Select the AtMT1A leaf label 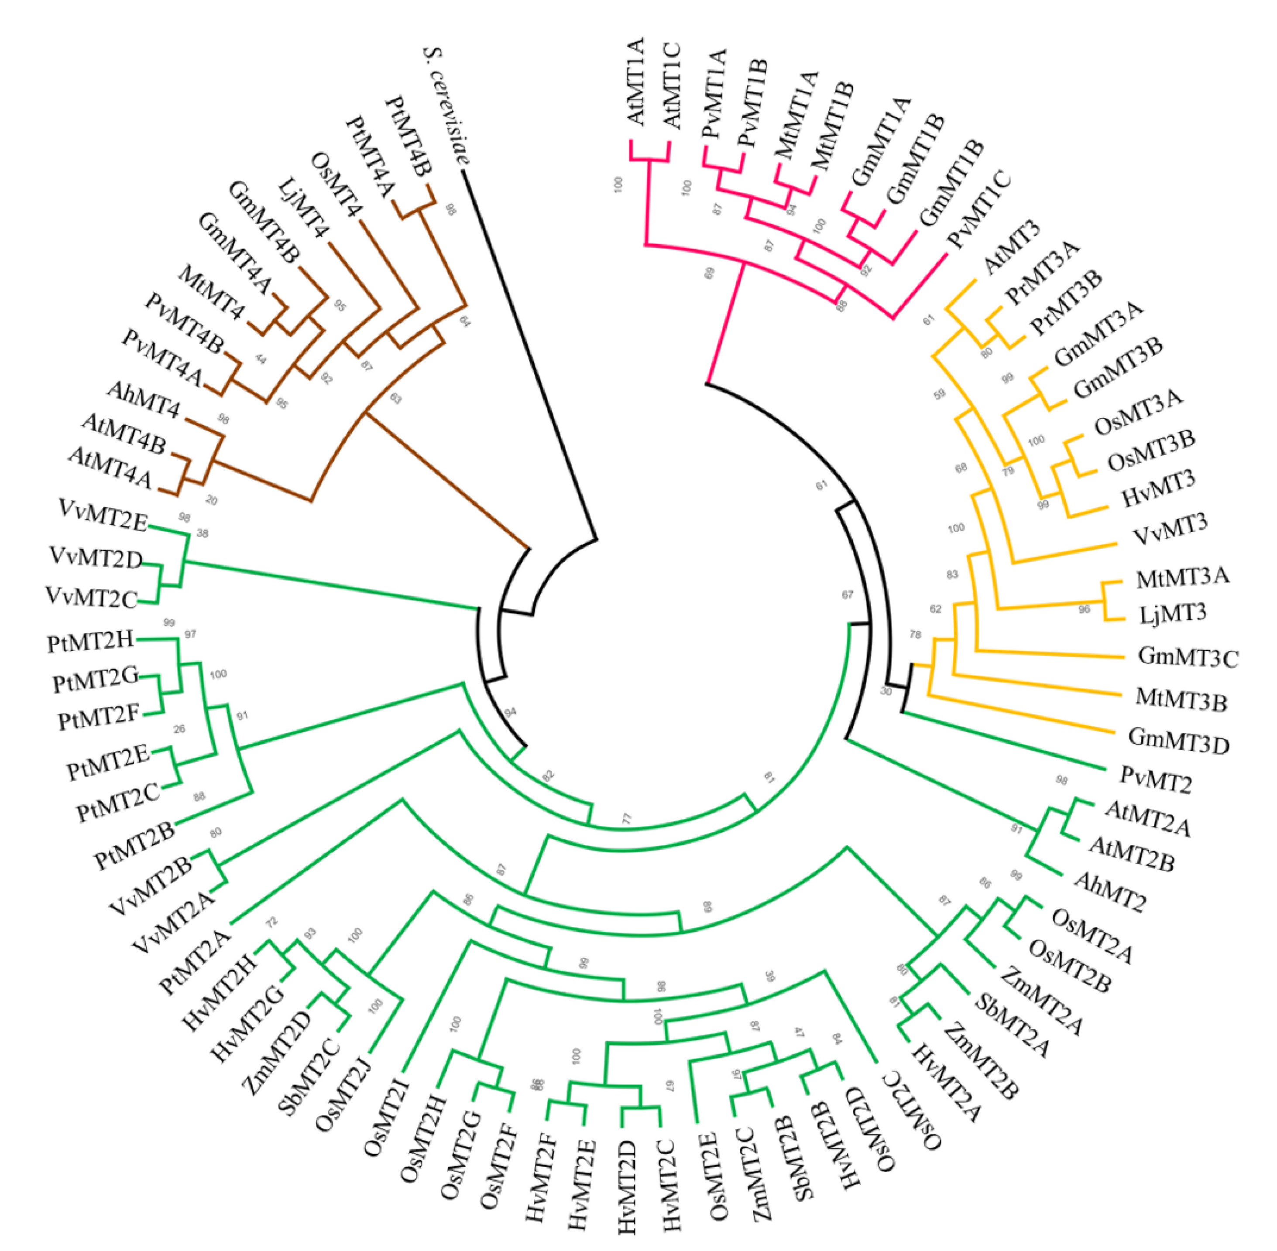[636, 82]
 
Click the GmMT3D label [1178, 740]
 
